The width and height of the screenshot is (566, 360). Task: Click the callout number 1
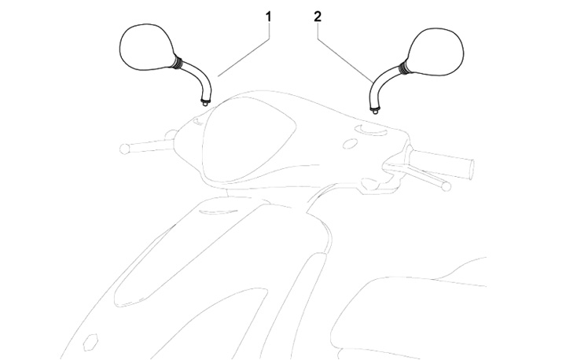(x=268, y=17)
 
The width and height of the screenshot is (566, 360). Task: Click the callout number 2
(x=318, y=17)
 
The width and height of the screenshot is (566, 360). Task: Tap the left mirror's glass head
(x=146, y=47)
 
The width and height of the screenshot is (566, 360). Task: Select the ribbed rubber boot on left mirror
(x=178, y=61)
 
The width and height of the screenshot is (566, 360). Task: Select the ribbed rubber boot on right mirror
(x=404, y=67)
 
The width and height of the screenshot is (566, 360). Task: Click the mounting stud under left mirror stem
(x=205, y=104)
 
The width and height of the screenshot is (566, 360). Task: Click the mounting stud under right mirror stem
(x=376, y=111)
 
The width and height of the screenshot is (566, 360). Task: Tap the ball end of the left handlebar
(x=124, y=149)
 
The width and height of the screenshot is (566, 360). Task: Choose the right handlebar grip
(x=441, y=164)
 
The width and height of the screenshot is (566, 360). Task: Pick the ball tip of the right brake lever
(x=447, y=186)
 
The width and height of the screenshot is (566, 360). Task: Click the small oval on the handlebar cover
(x=349, y=144)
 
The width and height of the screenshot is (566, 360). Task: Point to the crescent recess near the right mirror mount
(x=371, y=130)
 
